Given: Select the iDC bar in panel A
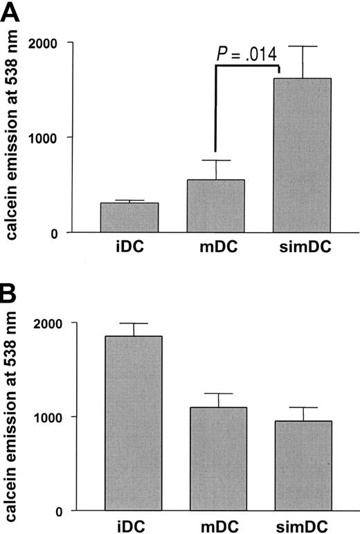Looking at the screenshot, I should [x=129, y=217].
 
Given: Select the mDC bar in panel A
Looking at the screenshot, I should [x=216, y=206].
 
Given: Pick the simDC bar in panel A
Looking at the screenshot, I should [x=303, y=155].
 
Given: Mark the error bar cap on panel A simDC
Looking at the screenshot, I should [x=303, y=46].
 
